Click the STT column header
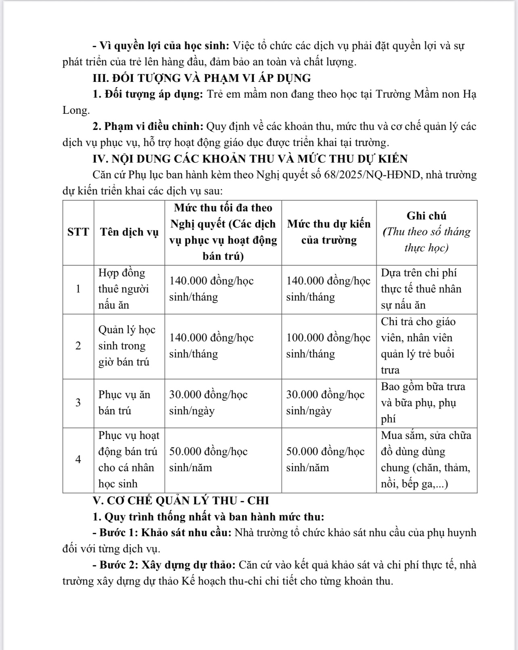[x=78, y=232]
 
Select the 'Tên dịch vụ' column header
[x=129, y=232]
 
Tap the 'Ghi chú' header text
[x=426, y=216]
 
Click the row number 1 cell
[x=78, y=289]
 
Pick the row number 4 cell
[x=78, y=460]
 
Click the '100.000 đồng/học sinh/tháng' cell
[x=328, y=346]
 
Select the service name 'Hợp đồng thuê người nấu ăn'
[x=124, y=289]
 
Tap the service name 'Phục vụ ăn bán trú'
[x=124, y=403]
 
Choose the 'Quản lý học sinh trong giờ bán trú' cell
[x=127, y=346]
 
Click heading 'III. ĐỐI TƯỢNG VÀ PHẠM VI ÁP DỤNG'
[x=202, y=78]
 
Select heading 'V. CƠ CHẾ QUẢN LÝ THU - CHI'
[x=181, y=501]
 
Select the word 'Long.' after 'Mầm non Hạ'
[x=76, y=110]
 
